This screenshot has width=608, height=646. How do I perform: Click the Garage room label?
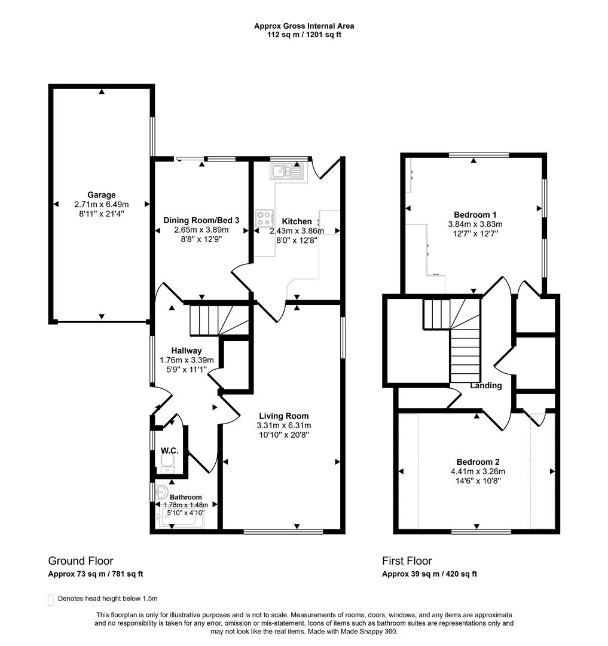(x=101, y=194)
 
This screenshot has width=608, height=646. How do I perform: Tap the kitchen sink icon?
(x=287, y=172)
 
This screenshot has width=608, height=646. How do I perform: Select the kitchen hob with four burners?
(x=264, y=218)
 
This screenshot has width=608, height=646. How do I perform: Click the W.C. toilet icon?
(x=167, y=460)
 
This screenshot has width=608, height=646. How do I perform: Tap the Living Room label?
(x=283, y=416)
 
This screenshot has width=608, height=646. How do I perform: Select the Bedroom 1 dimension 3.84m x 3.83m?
(x=475, y=224)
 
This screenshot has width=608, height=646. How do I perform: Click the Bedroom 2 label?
(x=478, y=462)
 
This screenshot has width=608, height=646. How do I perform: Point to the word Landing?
(x=485, y=386)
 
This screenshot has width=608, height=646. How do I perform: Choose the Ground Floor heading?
(x=81, y=561)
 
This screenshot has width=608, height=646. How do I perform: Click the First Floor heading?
(x=407, y=561)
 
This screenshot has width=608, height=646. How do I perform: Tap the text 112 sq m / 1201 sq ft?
(x=304, y=35)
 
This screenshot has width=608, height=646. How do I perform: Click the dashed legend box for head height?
(x=51, y=599)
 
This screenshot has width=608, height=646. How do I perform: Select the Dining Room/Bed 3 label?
(x=201, y=220)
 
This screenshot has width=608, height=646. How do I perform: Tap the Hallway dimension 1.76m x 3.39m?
(x=187, y=360)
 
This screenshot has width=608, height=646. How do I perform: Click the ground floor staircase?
(x=218, y=320)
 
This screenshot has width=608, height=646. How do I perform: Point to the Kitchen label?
(x=297, y=221)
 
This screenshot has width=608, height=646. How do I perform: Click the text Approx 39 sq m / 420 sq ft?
(x=429, y=574)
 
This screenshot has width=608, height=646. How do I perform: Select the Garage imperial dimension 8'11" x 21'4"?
(x=101, y=213)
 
